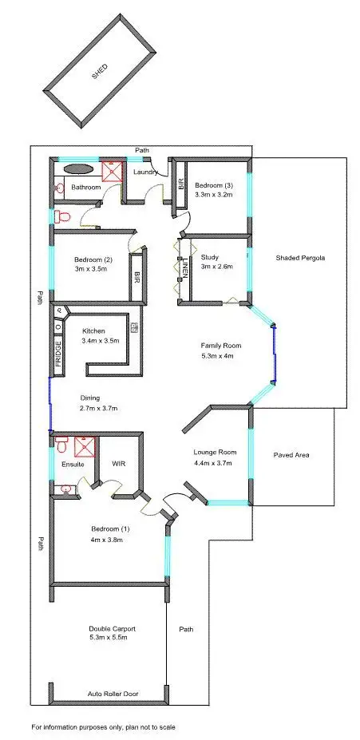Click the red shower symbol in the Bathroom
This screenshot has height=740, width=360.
[x=111, y=171]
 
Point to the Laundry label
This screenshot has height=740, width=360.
[x=144, y=172]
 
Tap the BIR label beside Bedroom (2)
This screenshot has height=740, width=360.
[x=136, y=277]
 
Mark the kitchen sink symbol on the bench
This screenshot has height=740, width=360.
[x=134, y=326]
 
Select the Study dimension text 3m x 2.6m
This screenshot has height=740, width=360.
[x=216, y=267]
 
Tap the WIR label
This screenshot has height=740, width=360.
[x=117, y=463]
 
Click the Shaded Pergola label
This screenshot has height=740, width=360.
[x=300, y=258]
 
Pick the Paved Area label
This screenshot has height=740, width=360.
[x=291, y=455]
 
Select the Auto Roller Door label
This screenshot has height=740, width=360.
[x=110, y=694]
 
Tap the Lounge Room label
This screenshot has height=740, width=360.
[x=216, y=453]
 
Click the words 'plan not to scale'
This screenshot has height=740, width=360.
[x=144, y=727]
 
